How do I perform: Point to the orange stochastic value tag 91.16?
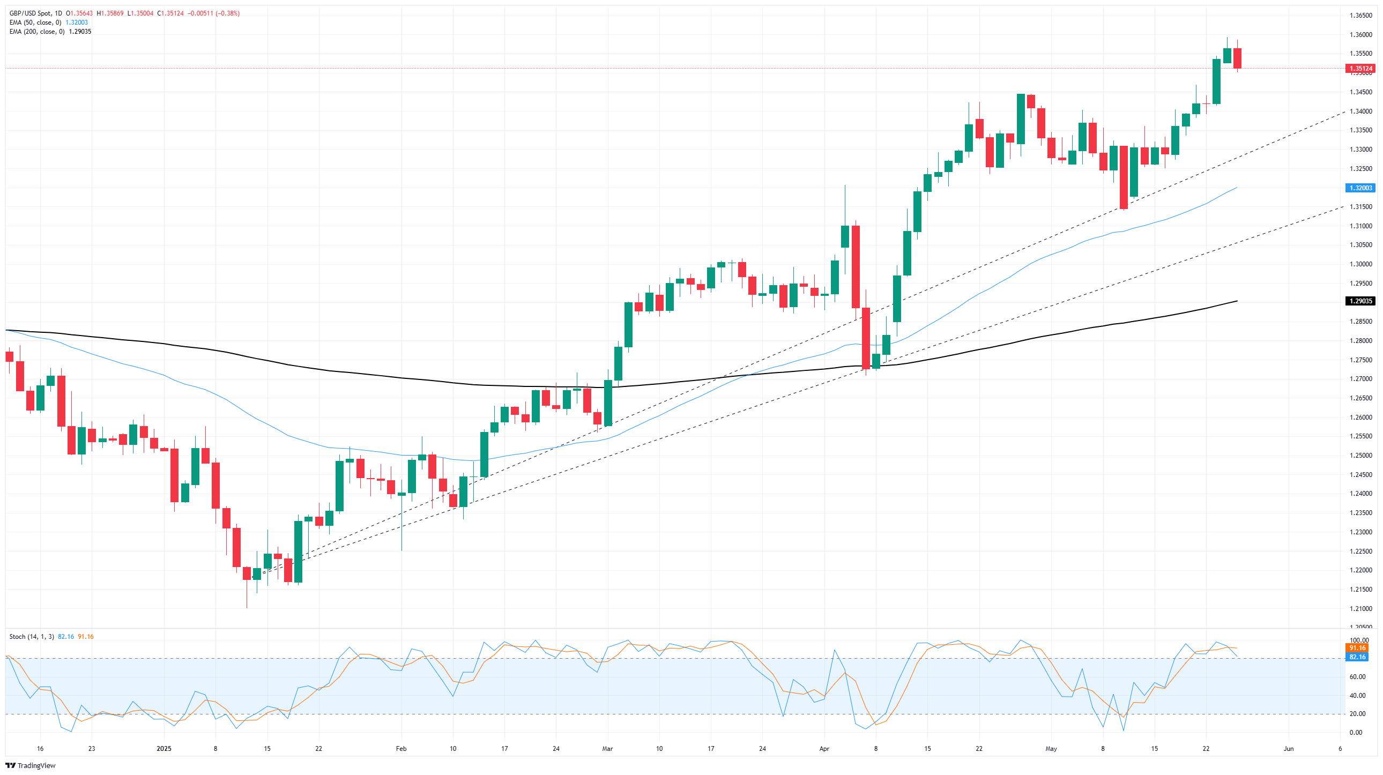point(1357,648)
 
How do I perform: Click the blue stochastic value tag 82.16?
point(1357,657)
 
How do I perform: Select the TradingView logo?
point(31,765)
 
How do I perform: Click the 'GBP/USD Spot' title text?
point(30,13)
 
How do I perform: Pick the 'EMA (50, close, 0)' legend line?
point(35,23)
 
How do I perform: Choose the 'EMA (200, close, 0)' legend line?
point(37,32)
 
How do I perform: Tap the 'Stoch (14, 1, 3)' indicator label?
point(32,637)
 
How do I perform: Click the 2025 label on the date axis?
point(163,749)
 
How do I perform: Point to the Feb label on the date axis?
point(401,749)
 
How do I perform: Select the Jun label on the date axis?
point(1288,749)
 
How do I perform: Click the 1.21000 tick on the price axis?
point(1360,609)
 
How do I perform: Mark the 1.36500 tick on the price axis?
point(1360,16)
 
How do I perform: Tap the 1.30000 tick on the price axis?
point(1360,264)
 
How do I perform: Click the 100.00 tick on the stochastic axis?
point(1359,640)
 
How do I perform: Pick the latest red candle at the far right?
point(1238,58)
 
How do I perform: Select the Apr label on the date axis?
point(824,749)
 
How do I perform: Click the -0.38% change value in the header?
point(228,13)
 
